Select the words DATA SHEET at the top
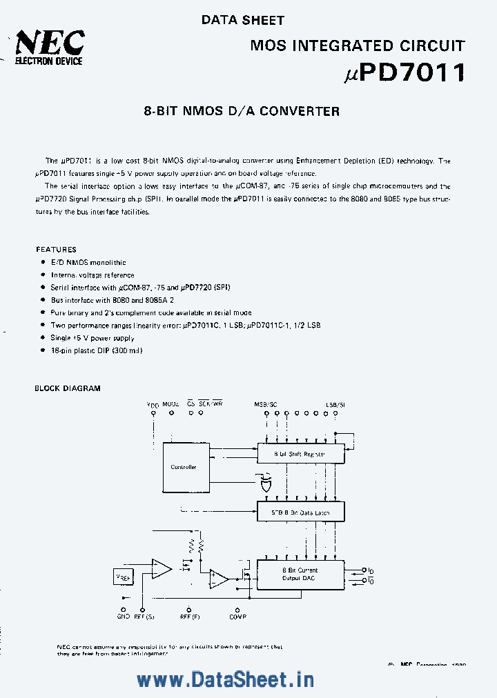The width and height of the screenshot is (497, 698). (x=242, y=21)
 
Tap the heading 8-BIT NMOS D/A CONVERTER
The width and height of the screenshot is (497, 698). (x=242, y=110)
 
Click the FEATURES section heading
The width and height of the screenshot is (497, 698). (x=56, y=250)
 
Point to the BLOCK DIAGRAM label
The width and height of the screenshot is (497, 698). (x=68, y=388)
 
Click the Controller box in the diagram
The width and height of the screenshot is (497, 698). (x=183, y=467)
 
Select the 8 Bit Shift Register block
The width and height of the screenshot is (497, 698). (x=300, y=454)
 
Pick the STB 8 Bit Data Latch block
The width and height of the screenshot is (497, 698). (x=300, y=512)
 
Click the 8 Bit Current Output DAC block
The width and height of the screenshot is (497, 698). (x=300, y=575)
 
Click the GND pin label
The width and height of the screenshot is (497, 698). (x=123, y=618)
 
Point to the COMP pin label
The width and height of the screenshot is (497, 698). (x=238, y=618)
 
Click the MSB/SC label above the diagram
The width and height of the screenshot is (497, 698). (x=266, y=403)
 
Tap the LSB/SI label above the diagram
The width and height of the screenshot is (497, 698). (x=336, y=403)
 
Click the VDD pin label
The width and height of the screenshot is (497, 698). (x=153, y=404)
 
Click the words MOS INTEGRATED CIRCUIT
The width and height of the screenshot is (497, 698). (x=357, y=46)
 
